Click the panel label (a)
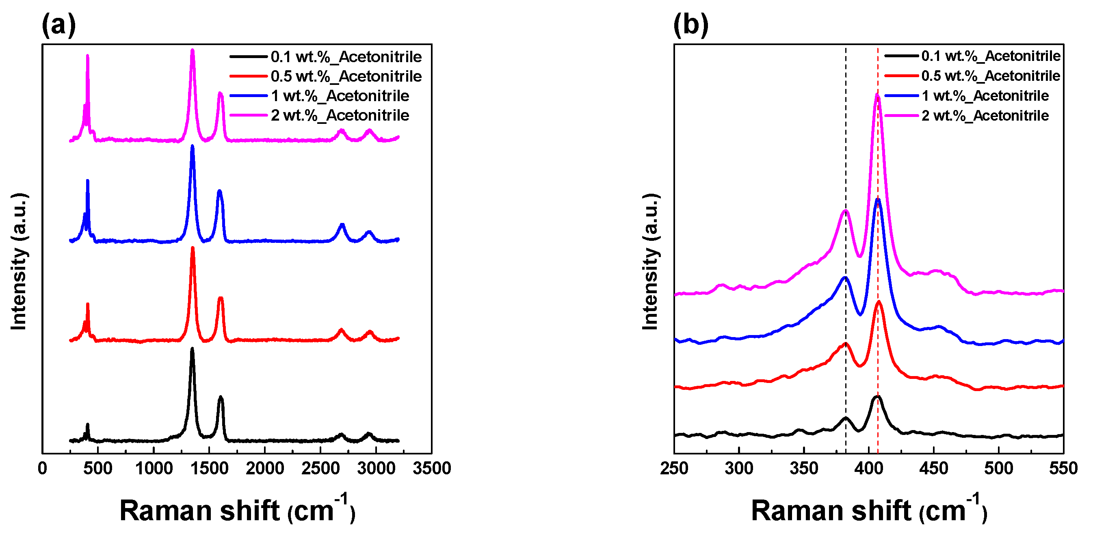pos(58,25)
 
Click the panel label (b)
pos(690,25)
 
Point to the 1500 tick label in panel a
pos(209,469)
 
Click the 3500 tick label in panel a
pos(431,469)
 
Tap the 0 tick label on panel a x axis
pos(42,469)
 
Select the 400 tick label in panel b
pos(868,469)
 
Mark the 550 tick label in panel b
pos(1063,469)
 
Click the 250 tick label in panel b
pos(674,469)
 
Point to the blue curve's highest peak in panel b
pos(877,200)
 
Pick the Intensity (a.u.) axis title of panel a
pos(19,261)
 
